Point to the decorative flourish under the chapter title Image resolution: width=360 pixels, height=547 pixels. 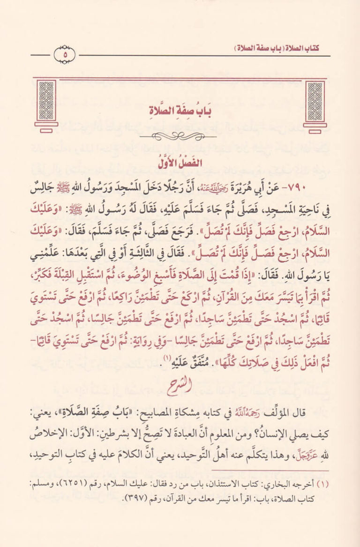180,136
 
